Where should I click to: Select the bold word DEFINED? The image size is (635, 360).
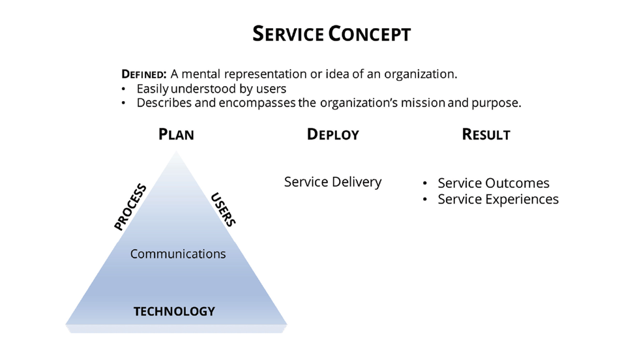(144, 74)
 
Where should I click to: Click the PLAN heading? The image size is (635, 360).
(176, 135)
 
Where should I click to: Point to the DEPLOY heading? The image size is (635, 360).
(332, 135)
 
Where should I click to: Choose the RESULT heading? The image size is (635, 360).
(486, 135)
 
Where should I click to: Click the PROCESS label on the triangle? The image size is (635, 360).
(130, 207)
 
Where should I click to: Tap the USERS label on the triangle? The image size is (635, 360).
(223, 209)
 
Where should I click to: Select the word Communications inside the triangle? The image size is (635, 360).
(178, 254)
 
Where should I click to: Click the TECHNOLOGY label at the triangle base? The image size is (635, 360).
(174, 311)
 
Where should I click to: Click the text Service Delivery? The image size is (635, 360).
(332, 182)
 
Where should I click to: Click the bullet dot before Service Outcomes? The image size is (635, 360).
(425, 183)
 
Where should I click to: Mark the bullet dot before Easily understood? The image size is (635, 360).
(124, 89)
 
